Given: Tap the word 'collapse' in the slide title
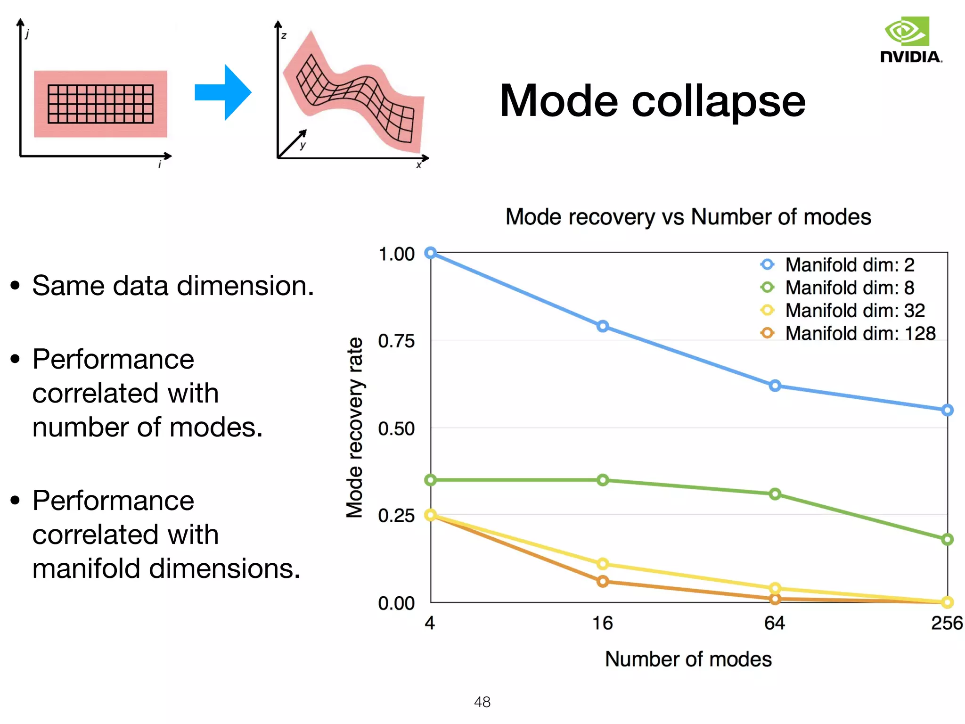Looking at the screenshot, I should [x=718, y=101].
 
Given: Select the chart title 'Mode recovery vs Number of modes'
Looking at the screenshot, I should [x=688, y=217].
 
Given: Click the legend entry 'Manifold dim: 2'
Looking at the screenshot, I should [x=849, y=265].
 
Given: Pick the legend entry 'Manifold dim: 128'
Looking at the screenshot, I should [x=859, y=333].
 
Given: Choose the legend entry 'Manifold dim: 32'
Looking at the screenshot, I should [x=854, y=311].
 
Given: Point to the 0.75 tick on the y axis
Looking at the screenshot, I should [x=396, y=341].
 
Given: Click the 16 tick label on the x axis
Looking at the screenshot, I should [x=602, y=623].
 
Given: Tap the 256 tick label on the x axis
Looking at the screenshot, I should [x=946, y=623].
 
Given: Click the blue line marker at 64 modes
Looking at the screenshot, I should [x=775, y=386].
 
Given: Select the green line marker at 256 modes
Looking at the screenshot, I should [x=947, y=539].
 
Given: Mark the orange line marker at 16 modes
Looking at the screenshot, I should [x=602, y=581].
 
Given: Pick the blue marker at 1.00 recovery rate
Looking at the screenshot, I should [x=430, y=253].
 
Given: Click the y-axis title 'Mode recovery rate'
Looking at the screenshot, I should [x=354, y=428].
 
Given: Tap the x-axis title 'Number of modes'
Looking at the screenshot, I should [x=688, y=659].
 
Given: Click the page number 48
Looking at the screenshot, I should [x=482, y=702].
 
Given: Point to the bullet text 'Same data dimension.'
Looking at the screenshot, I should [x=172, y=286].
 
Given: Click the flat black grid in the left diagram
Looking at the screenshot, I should [x=100, y=104].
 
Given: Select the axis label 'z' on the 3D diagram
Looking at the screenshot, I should [x=284, y=36].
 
